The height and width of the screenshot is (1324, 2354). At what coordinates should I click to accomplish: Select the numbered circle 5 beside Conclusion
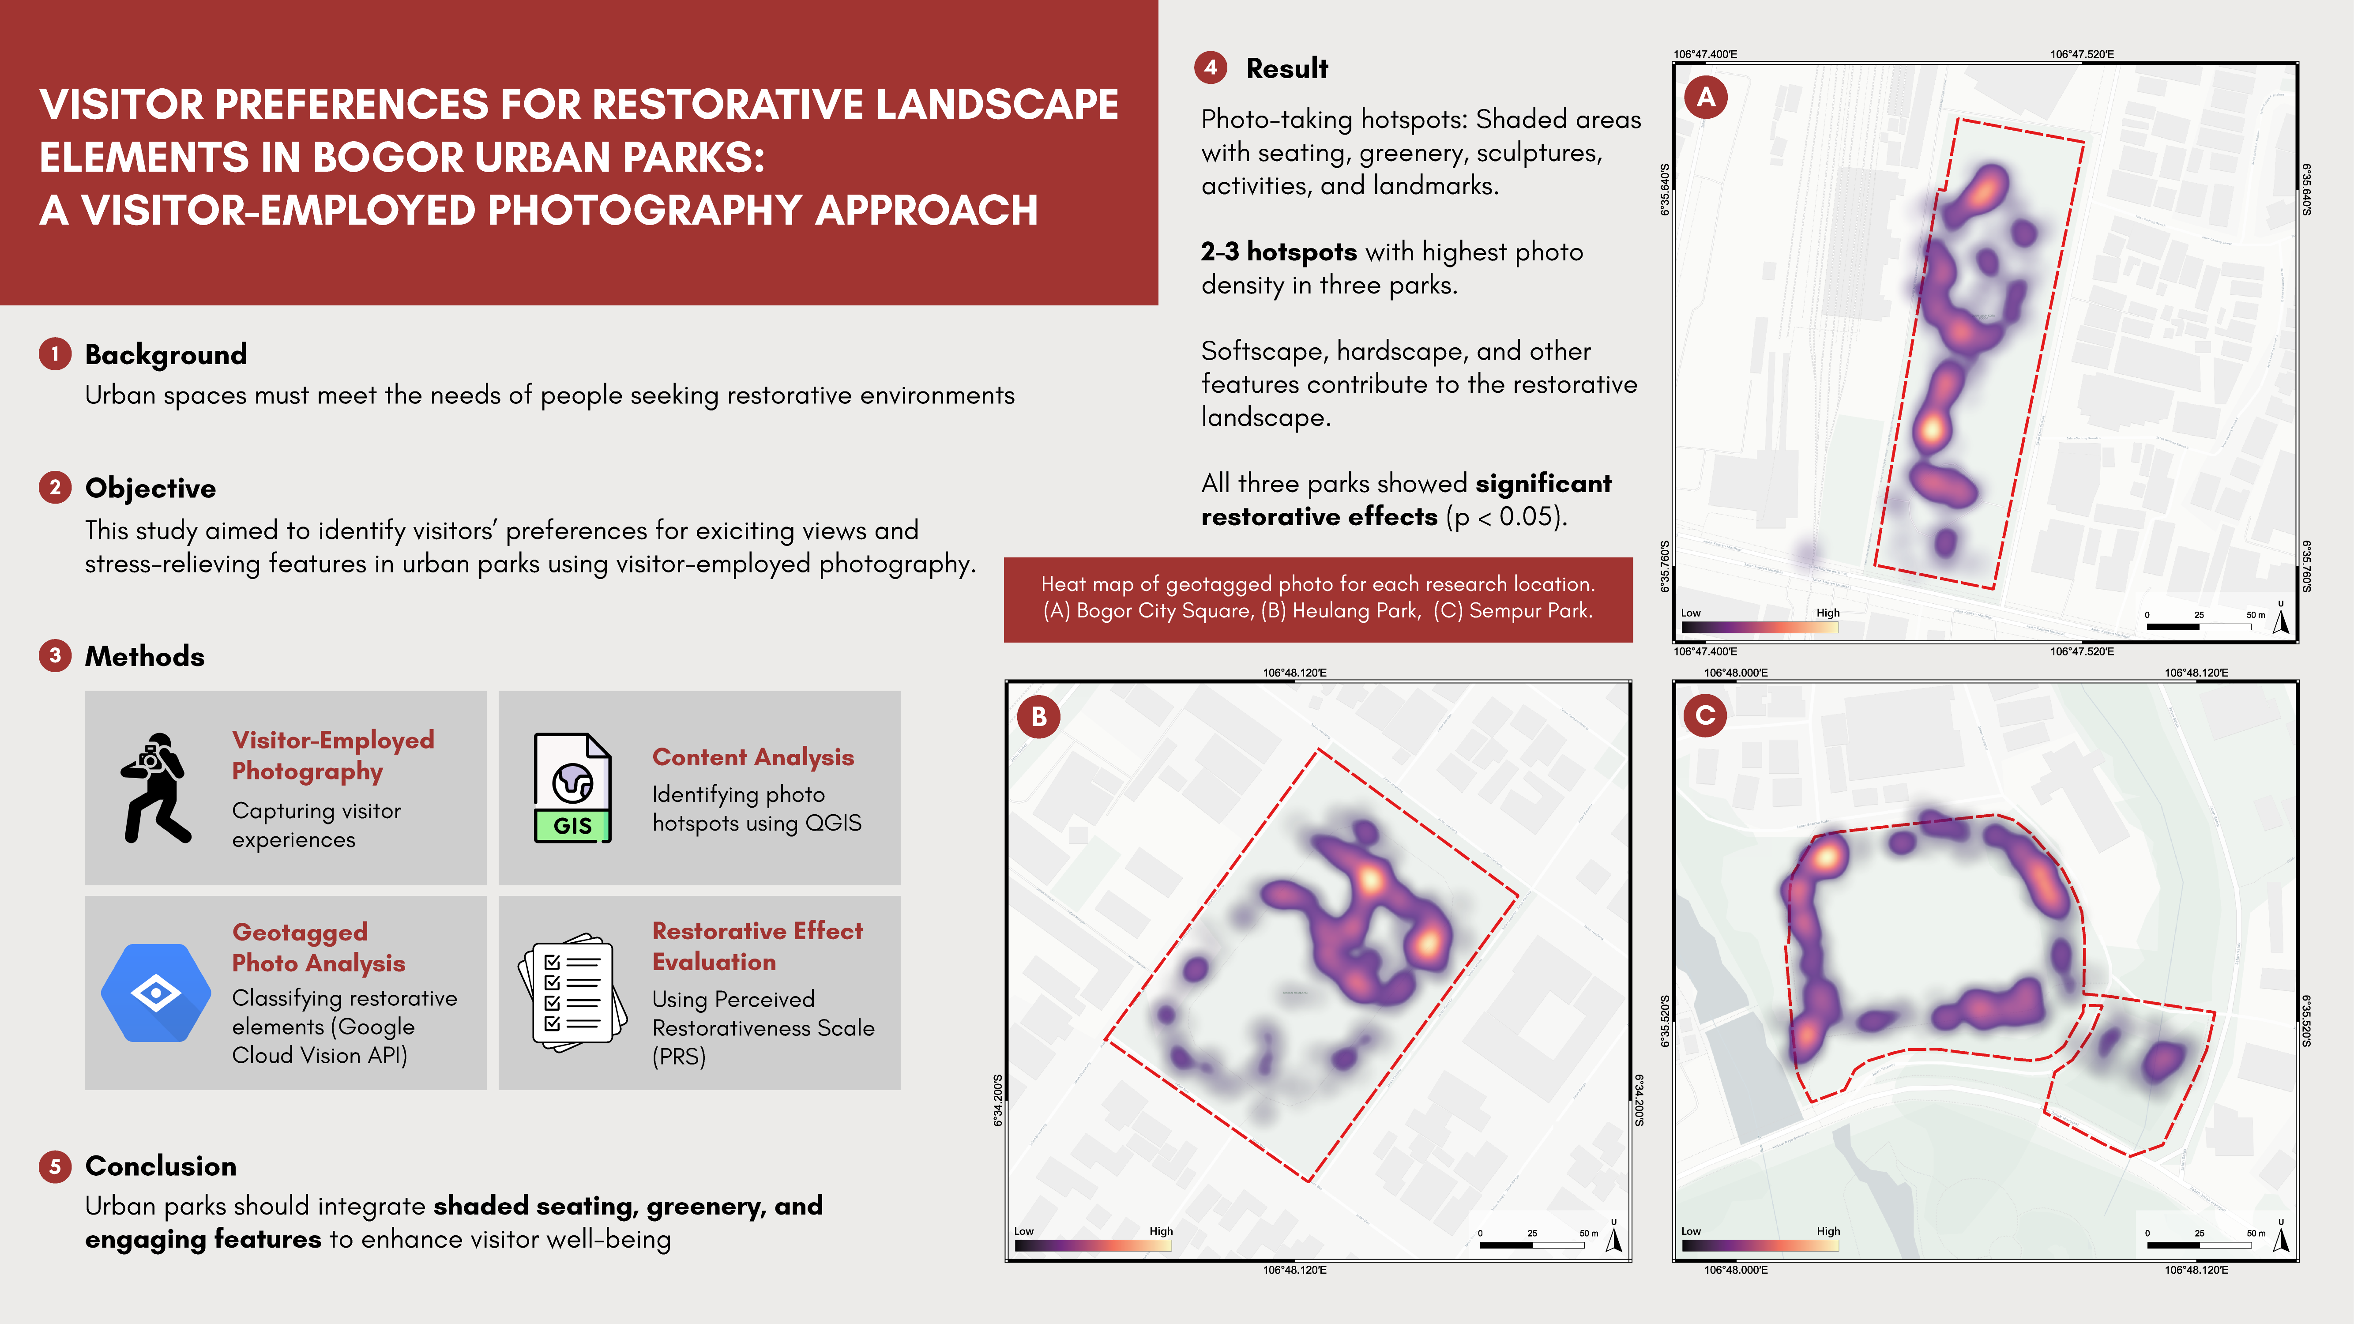click(55, 1166)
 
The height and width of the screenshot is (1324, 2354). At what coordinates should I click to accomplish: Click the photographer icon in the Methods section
click(155, 788)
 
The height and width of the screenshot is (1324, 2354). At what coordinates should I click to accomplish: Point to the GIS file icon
click(572, 788)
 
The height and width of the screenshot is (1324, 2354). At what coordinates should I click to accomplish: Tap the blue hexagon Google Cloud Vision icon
click(155, 992)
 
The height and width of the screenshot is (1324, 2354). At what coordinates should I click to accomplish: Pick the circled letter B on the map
click(1039, 716)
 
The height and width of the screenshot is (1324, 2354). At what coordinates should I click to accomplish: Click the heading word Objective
click(151, 488)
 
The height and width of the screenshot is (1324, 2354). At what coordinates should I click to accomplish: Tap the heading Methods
click(144, 656)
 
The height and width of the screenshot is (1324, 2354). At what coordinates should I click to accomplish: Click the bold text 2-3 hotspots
click(1279, 252)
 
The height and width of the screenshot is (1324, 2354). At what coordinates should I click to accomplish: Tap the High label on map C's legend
click(1828, 1231)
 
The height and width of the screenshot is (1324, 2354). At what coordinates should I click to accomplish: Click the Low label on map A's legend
click(1691, 613)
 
